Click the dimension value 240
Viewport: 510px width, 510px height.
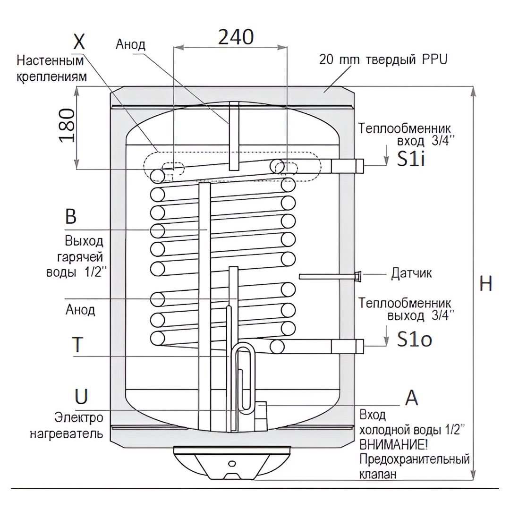click(x=236, y=37)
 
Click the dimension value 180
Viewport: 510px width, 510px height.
click(x=67, y=126)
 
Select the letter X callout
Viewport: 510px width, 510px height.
click(x=79, y=41)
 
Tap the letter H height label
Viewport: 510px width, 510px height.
click(x=485, y=284)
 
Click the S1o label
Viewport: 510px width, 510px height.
click(x=415, y=339)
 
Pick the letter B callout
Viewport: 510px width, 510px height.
click(x=70, y=216)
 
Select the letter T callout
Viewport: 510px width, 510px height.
click(x=77, y=344)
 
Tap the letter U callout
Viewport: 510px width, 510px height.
click(x=81, y=397)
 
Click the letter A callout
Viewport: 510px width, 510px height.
click(x=411, y=398)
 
